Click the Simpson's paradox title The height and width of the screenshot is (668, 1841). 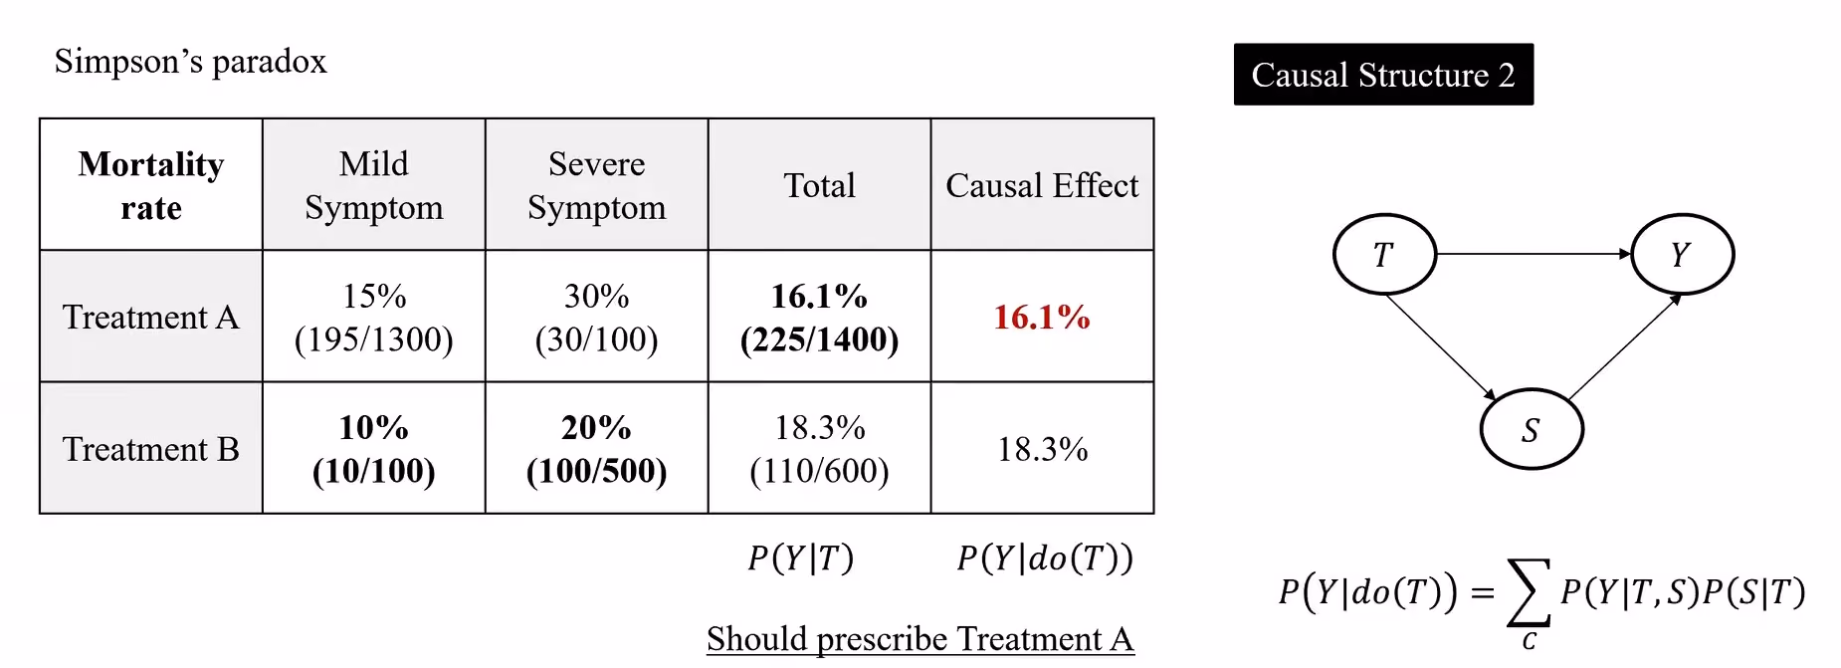(x=190, y=62)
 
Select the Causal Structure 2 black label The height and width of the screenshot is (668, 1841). (x=1383, y=75)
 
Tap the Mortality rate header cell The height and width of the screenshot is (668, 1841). (x=151, y=185)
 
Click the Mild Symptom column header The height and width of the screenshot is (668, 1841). (x=374, y=185)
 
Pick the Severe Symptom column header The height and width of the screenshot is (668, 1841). (x=597, y=185)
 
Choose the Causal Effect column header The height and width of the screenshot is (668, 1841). (x=1042, y=185)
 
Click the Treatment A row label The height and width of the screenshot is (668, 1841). (x=151, y=317)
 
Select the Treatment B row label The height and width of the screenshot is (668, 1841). (x=151, y=449)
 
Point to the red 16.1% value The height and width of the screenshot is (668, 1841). (x=1042, y=318)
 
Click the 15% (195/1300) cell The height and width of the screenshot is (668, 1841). (x=374, y=318)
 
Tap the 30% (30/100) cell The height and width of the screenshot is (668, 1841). (x=597, y=318)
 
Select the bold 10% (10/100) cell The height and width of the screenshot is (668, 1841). (x=374, y=449)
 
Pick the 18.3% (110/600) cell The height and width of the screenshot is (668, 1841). (x=820, y=449)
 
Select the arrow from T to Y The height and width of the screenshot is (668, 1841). (x=1534, y=254)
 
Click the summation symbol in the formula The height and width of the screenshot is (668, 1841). (x=1530, y=592)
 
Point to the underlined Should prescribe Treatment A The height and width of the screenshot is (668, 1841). (x=920, y=639)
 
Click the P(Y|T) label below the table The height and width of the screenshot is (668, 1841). (x=801, y=558)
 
